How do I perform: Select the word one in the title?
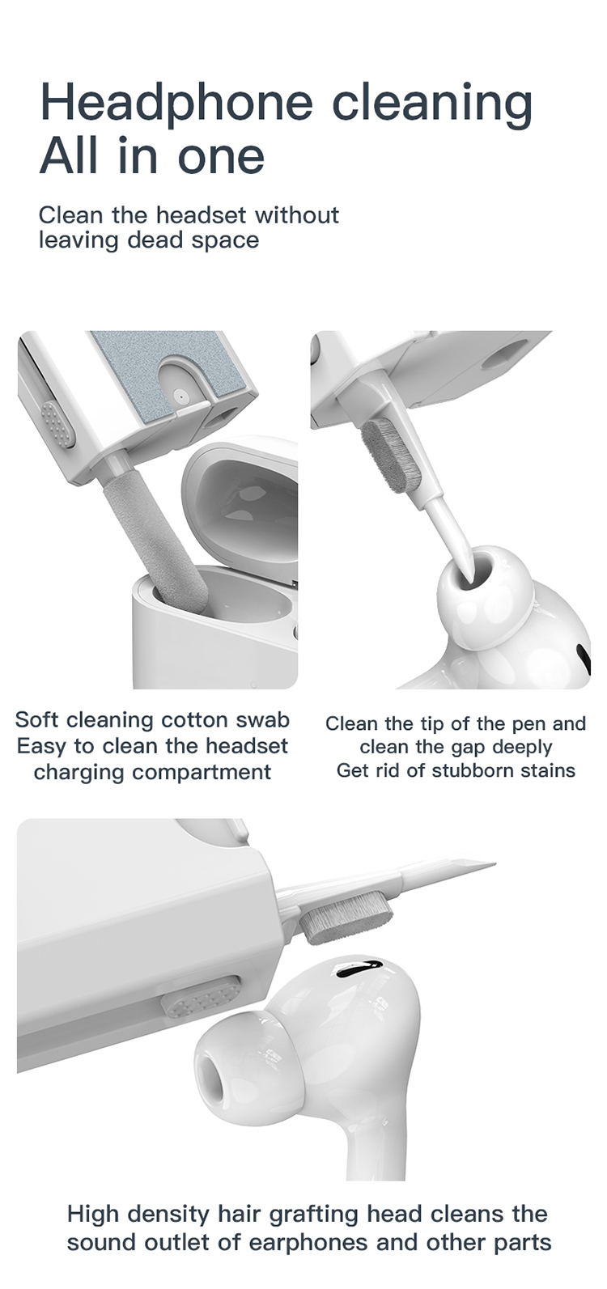[221, 156]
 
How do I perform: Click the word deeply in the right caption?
[523, 747]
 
